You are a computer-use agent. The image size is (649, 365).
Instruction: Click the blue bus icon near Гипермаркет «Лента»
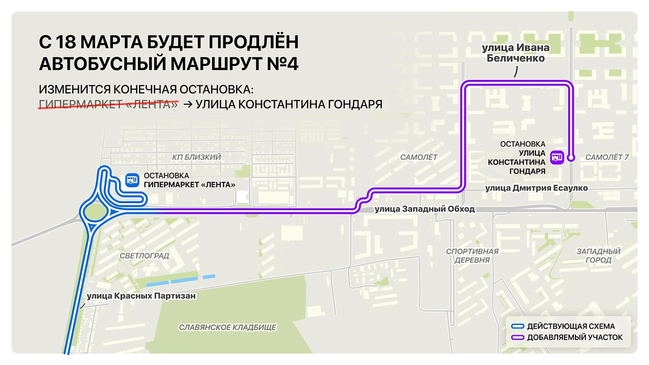131,180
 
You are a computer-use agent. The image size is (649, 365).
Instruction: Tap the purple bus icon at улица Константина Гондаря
557,157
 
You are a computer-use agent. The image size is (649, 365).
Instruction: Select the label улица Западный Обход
425,209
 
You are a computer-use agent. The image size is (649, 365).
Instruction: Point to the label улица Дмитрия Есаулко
536,188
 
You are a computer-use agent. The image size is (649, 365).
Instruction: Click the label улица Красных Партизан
141,296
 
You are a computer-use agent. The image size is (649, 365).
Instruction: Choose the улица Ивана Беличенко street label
515,53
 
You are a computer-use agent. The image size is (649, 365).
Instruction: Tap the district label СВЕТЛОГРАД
144,255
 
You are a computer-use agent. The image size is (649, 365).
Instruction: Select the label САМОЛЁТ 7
607,157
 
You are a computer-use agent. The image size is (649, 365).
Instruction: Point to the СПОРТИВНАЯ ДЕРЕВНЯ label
472,256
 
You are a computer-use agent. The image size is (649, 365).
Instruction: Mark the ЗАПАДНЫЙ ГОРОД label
598,256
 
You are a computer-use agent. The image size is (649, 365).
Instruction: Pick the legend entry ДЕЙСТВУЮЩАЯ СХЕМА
571,326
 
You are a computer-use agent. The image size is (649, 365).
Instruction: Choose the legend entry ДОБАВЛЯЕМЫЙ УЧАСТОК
574,337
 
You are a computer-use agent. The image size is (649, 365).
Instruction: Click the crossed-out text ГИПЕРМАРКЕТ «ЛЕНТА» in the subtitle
108,104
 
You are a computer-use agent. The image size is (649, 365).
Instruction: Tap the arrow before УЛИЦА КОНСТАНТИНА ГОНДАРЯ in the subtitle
188,104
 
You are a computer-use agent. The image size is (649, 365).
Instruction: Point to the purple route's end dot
571,157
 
